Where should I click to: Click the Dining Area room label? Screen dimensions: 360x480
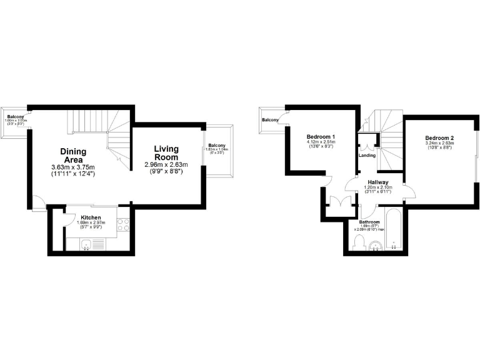(x=73, y=155)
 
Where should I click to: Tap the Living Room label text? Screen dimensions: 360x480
(x=167, y=153)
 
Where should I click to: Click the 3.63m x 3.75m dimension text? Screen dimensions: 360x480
(x=72, y=167)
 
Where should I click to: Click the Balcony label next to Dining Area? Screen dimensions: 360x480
(x=16, y=117)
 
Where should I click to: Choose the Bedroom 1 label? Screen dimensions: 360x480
(x=321, y=137)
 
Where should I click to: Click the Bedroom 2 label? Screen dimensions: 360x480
(x=439, y=138)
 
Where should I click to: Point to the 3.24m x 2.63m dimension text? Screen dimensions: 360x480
(x=439, y=144)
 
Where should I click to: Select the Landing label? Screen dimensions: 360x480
(x=367, y=155)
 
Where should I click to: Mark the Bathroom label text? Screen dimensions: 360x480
(x=370, y=222)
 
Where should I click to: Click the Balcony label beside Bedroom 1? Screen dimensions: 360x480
(x=271, y=120)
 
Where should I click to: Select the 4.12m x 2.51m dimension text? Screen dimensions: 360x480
(x=321, y=142)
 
